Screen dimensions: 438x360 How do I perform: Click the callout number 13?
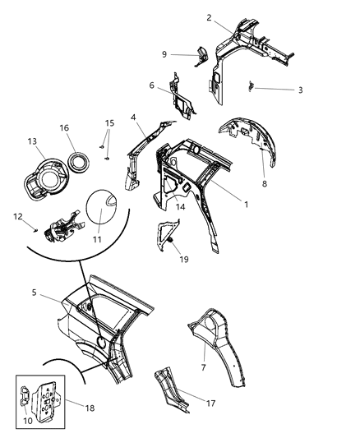pyautogui.click(x=33, y=142)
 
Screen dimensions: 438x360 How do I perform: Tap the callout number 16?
pyautogui.click(x=64, y=127)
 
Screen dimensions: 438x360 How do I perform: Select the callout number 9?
pyautogui.click(x=164, y=55)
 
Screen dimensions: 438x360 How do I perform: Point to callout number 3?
pyautogui.click(x=300, y=90)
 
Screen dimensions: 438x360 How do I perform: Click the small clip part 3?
pyautogui.click(x=252, y=86)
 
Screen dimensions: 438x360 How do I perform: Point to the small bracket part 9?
pyautogui.click(x=197, y=57)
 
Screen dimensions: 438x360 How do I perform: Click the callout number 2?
pyautogui.click(x=209, y=16)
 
